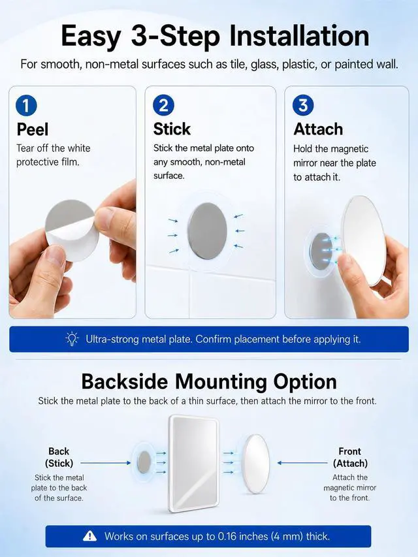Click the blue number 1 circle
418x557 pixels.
pos(26,106)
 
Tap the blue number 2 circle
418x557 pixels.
pos(163,105)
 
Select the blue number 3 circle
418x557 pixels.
pos(303,105)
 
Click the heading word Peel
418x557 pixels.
pos(33,130)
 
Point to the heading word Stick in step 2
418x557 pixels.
pos(172,129)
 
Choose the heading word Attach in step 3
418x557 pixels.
pos(318,129)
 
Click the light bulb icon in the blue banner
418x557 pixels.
pos(72,339)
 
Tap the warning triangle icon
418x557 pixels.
pos(89,535)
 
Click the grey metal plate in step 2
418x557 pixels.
pos(208,231)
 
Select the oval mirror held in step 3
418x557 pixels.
pos(363,240)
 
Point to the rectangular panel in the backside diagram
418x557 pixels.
pos(193,463)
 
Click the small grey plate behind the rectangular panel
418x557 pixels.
pos(144,462)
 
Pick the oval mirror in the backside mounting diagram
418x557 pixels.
pos(255,464)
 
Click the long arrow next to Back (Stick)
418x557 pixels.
pos(106,463)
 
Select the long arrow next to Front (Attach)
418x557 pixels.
pos(302,463)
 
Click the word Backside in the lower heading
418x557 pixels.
pos(125,382)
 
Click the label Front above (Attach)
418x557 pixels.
pos(350,451)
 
